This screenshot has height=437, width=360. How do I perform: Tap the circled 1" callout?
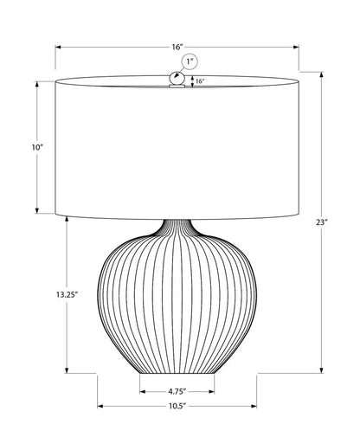(189, 61)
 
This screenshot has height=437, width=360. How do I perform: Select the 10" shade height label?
(36, 149)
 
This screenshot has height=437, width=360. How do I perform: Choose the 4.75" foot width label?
(177, 389)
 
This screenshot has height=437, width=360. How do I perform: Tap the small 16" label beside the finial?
(199, 81)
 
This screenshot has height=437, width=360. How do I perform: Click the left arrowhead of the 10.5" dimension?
(99, 404)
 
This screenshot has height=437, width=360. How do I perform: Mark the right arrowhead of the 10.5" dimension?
(257, 404)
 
